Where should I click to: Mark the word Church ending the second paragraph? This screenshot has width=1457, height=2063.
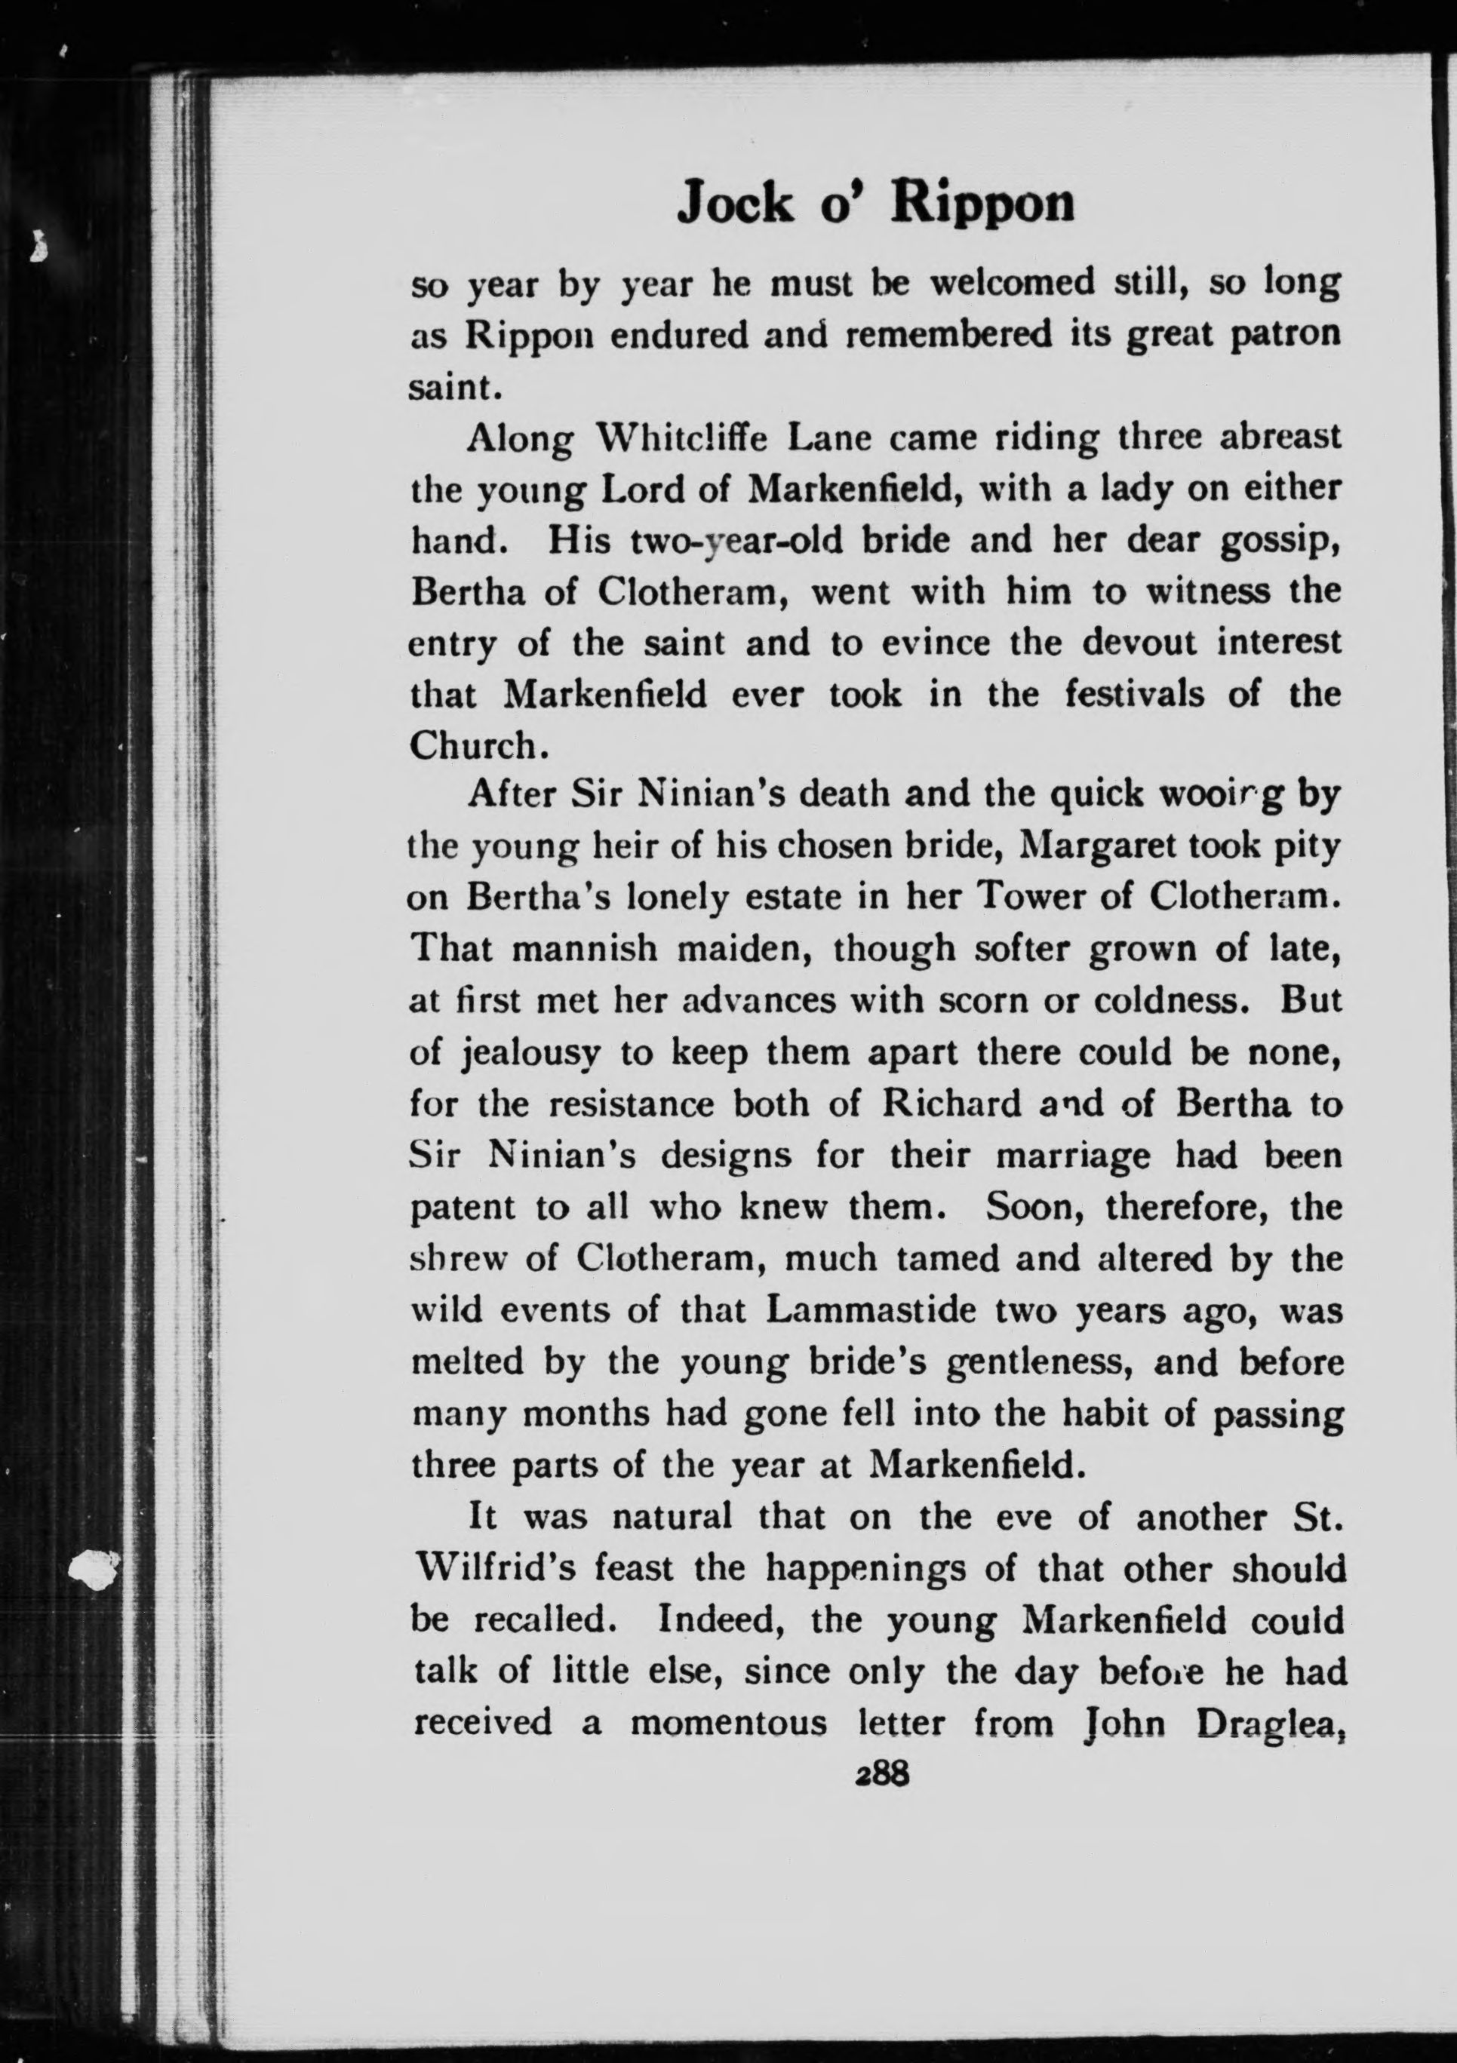point(472,745)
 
